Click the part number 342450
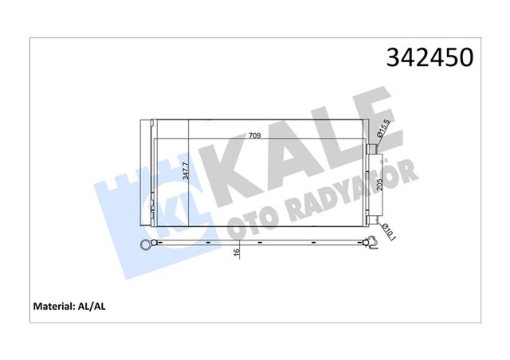430,57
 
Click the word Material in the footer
54,307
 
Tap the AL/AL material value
92,307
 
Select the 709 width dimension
255,135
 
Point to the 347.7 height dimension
186,171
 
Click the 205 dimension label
379,186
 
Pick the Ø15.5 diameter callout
382,129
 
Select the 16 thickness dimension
237,252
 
